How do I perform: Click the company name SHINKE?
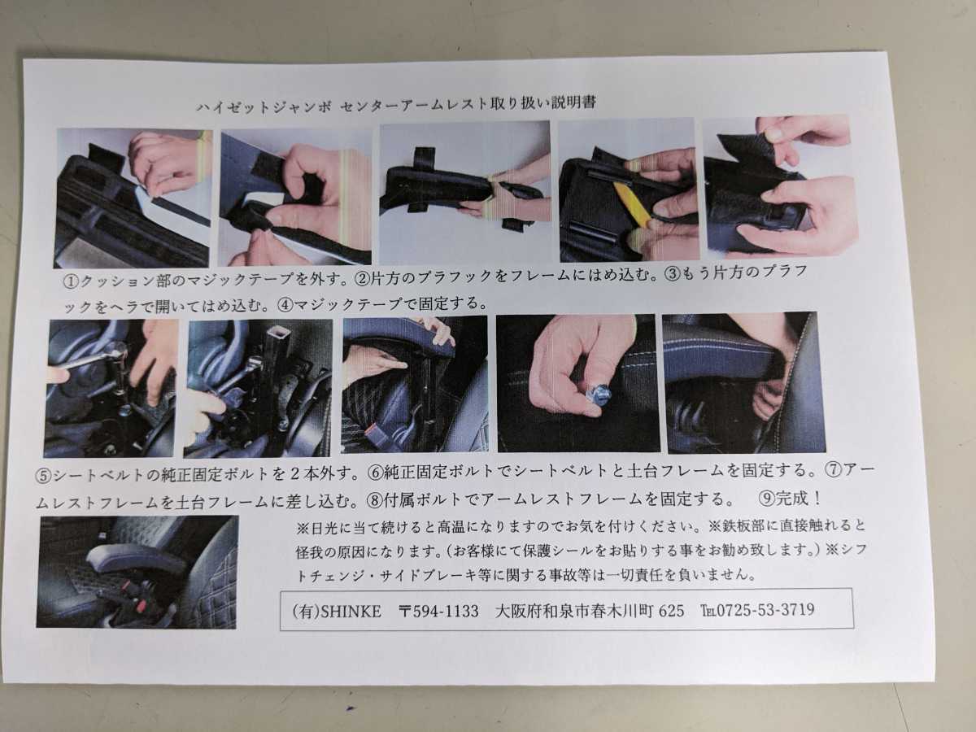point(351,612)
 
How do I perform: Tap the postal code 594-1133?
point(446,611)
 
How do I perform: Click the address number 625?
point(671,610)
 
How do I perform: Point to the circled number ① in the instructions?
point(71,281)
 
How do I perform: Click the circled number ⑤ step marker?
point(43,476)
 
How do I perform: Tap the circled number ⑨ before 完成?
point(768,499)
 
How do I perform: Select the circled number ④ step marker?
point(285,305)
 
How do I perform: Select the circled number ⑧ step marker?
point(375,500)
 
